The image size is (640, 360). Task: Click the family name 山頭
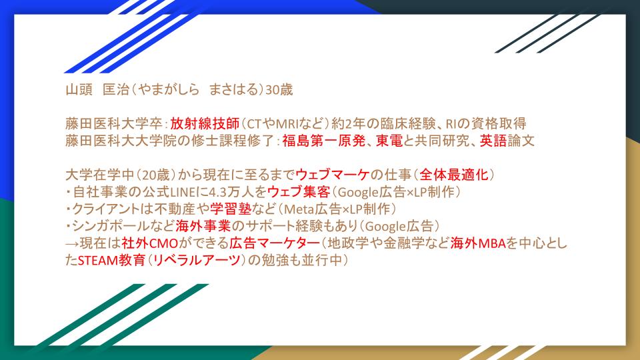pyautogui.click(x=79, y=89)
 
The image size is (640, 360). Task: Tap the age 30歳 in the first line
pyautogui.click(x=279, y=89)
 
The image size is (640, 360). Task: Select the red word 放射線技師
pyautogui.click(x=205, y=123)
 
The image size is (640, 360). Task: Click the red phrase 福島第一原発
pyautogui.click(x=324, y=141)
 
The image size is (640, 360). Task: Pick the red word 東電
pyautogui.click(x=389, y=141)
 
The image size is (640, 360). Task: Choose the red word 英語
pyautogui.click(x=493, y=141)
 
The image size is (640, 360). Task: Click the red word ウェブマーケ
pyautogui.click(x=333, y=175)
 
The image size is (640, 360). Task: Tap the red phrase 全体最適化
pyautogui.click(x=454, y=175)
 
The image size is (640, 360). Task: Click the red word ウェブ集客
pyautogui.click(x=299, y=192)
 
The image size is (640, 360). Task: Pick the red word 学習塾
pyautogui.click(x=231, y=209)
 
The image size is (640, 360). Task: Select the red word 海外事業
pyautogui.click(x=203, y=226)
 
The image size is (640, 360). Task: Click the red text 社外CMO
pyautogui.click(x=150, y=243)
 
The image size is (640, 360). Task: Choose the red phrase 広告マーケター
pyautogui.click(x=274, y=243)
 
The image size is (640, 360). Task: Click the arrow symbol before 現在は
pyautogui.click(x=72, y=244)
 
